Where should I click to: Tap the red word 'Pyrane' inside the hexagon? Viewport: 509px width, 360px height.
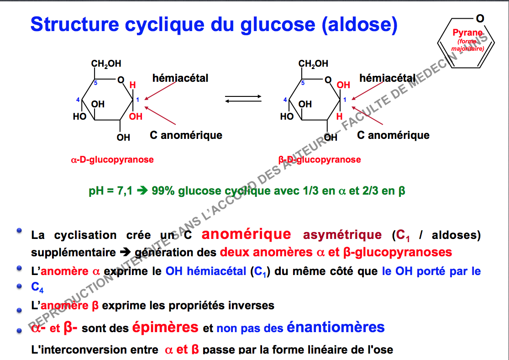[467, 33]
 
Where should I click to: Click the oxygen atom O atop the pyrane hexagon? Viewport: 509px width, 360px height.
[479, 18]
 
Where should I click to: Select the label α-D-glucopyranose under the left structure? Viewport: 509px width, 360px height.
[112, 160]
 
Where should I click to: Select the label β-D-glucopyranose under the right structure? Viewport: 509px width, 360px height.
[320, 160]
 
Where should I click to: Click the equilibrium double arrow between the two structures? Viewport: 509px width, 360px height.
[243, 99]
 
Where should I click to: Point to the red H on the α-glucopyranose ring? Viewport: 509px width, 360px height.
[132, 85]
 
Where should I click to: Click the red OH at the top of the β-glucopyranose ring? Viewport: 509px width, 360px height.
[343, 85]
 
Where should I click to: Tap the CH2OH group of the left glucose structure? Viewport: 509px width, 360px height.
[106, 64]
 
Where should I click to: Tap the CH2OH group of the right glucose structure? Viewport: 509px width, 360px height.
[313, 64]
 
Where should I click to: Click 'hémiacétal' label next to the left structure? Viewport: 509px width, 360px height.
[180, 79]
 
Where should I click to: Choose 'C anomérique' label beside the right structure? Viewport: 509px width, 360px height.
[393, 135]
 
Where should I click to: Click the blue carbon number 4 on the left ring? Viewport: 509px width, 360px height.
[78, 100]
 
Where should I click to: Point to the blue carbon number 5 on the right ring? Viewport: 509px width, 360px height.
[302, 83]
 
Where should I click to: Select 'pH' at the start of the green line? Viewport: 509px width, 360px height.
[96, 191]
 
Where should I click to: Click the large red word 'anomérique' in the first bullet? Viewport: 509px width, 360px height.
[246, 234]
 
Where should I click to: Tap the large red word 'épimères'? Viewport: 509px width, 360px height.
[165, 327]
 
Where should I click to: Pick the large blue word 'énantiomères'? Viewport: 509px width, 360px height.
[336, 327]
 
